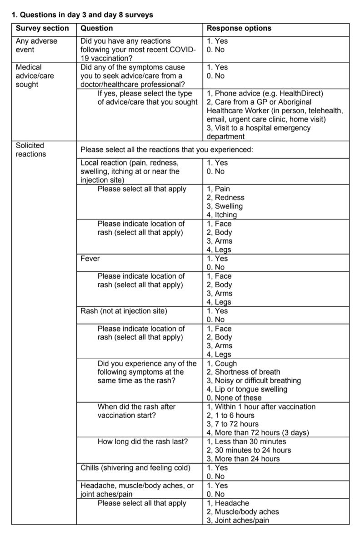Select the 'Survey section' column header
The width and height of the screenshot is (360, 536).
(42, 28)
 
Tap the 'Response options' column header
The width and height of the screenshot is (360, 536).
(239, 28)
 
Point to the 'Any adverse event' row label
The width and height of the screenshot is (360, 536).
(36, 45)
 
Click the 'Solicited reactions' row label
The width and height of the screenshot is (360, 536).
(30, 150)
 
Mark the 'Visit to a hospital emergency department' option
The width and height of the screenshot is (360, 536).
(258, 132)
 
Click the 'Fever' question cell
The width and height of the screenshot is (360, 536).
(90, 259)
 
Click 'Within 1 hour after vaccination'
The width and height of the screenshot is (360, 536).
(261, 407)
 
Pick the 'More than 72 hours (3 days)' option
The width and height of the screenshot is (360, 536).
(258, 433)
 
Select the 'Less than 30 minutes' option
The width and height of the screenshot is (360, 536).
(246, 441)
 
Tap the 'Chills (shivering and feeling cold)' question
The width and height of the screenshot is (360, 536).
(135, 468)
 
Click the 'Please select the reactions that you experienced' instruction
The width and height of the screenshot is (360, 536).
(167, 150)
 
